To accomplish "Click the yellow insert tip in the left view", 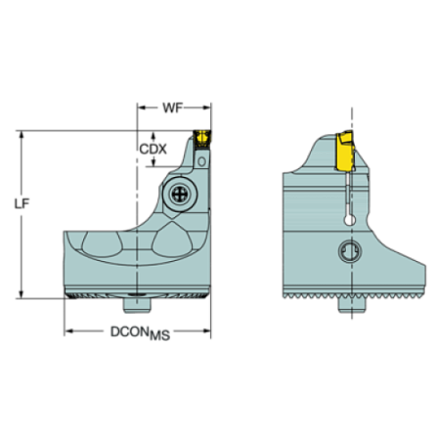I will pos(202,138).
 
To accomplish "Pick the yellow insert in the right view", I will pos(344,154).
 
